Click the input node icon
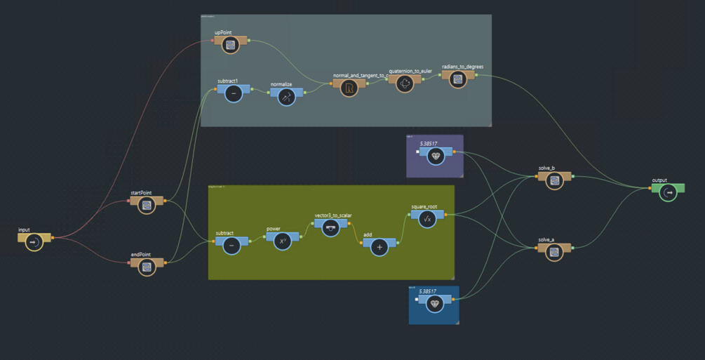(x=34, y=242)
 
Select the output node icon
(x=669, y=192)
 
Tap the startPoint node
(x=147, y=205)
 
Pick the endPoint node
(x=147, y=267)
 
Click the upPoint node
(x=230, y=45)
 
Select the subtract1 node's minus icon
(x=234, y=93)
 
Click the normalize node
(x=286, y=98)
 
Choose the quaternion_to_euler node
(x=405, y=84)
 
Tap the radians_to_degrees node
(x=458, y=79)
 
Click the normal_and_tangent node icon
(x=349, y=88)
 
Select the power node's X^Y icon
(x=282, y=241)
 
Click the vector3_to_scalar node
(x=330, y=228)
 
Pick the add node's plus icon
(x=380, y=247)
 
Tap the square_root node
(x=427, y=220)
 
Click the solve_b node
(x=554, y=180)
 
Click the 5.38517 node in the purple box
(x=436, y=156)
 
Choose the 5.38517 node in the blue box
(x=435, y=304)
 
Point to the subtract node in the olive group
(x=232, y=246)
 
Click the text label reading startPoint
(x=141, y=192)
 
